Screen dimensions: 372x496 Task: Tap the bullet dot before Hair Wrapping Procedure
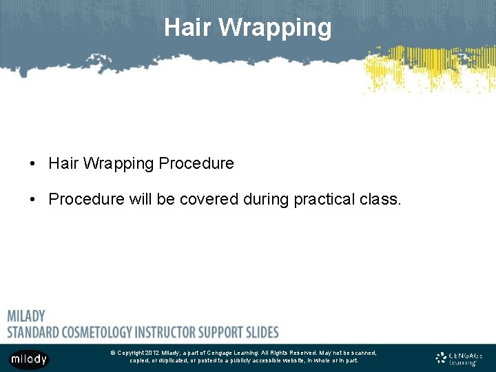click(32, 164)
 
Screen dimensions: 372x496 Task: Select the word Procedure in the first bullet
click(196, 164)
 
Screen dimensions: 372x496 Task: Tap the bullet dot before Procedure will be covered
click(32, 200)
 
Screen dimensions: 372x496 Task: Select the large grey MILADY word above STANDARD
click(26, 316)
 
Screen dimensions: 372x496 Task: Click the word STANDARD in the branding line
click(36, 331)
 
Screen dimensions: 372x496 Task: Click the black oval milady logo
click(29, 359)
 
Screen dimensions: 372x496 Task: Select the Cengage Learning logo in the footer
click(459, 358)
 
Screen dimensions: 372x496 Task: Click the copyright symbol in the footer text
click(112, 353)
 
